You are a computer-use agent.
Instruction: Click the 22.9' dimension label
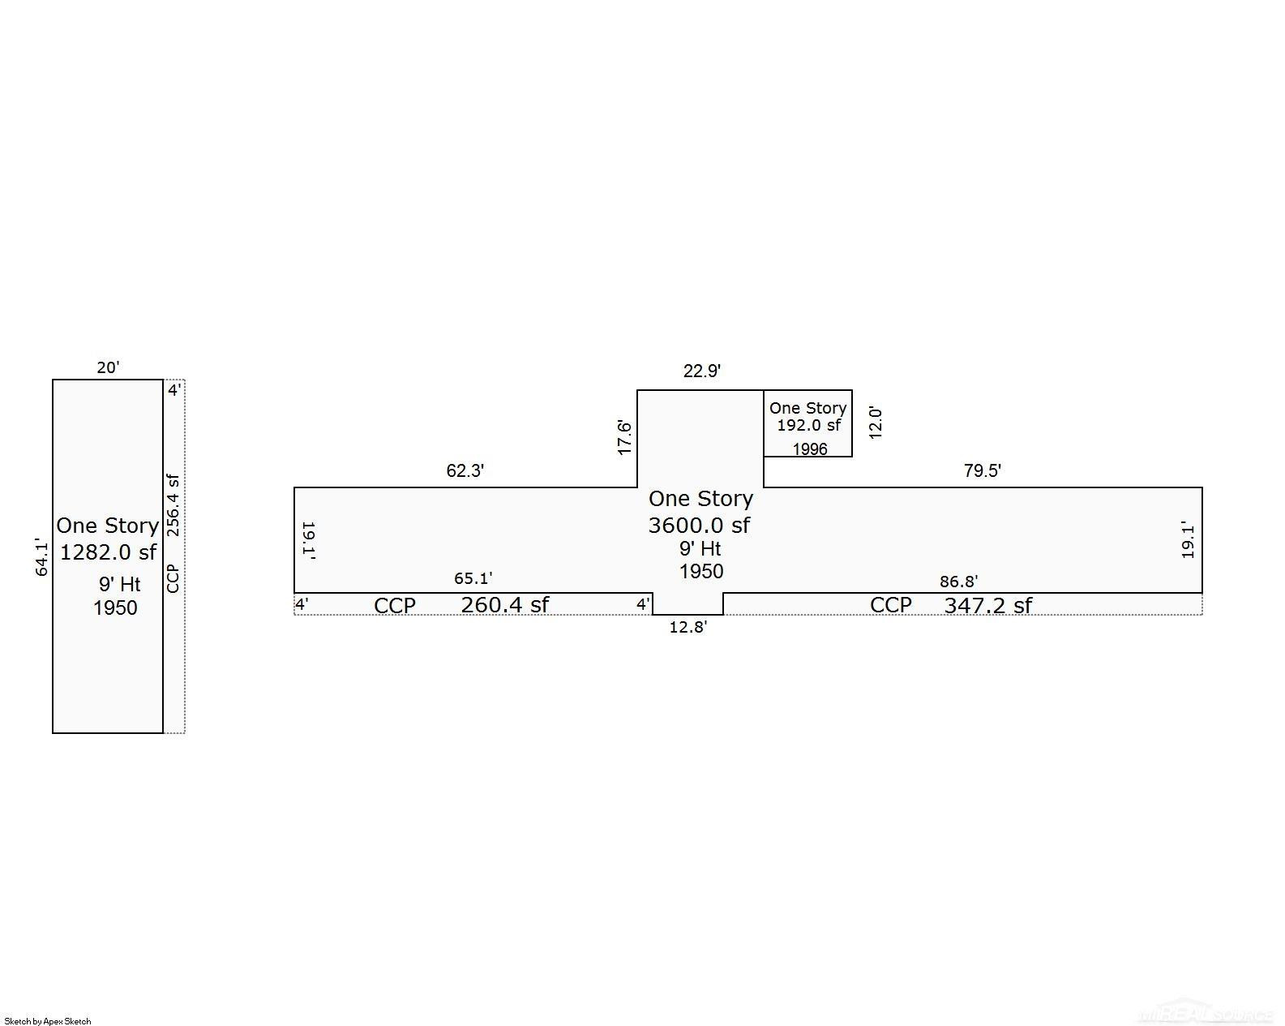pos(701,371)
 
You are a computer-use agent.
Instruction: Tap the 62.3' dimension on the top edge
pos(465,471)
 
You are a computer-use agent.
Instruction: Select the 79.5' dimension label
pos(983,471)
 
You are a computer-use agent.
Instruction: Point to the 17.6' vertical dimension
pos(624,437)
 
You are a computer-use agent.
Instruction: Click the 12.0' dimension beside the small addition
pos(875,423)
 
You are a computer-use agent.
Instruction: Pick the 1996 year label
pos(810,449)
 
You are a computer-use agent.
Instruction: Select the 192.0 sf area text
pos(808,425)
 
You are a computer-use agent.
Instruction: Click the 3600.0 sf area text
pos(699,526)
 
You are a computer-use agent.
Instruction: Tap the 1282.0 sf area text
pos(108,552)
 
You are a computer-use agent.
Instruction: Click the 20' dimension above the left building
pos(108,367)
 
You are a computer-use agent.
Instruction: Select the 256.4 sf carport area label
pos(173,505)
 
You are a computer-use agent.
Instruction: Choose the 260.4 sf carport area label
pos(504,605)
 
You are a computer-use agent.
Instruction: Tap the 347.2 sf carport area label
pos(987,605)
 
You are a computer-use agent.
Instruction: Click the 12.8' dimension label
pos(687,627)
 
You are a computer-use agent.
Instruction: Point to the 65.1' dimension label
pos(473,578)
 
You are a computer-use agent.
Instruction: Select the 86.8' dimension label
pos(958,582)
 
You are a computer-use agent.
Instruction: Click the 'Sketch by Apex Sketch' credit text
pos(48,1021)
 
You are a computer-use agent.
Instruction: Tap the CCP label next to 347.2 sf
pos(891,605)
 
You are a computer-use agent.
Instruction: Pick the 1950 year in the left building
pos(115,607)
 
